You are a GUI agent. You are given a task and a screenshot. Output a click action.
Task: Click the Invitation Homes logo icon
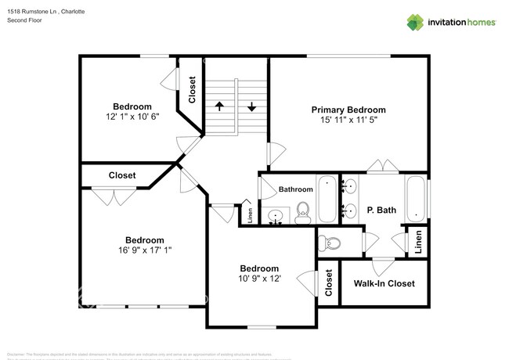[x=415, y=21]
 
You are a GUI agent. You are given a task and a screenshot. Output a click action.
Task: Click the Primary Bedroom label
[x=348, y=110]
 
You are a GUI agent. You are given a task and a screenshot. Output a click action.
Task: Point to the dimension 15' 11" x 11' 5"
[x=348, y=121]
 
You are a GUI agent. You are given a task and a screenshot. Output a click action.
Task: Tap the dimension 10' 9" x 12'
[x=258, y=279]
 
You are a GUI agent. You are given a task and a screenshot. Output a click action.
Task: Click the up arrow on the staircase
[x=221, y=106]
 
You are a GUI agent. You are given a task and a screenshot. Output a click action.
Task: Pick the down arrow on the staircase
[x=252, y=106]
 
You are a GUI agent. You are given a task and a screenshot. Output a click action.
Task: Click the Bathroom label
[x=296, y=189]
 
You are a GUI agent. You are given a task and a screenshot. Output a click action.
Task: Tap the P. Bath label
[x=381, y=210]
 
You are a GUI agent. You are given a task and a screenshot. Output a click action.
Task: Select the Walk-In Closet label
[x=384, y=283]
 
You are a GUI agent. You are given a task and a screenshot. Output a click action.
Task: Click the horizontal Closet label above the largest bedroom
[x=121, y=175]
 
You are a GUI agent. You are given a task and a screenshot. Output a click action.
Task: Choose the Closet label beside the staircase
[x=192, y=89]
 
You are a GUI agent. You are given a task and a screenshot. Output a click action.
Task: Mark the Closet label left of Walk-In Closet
[x=329, y=287]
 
